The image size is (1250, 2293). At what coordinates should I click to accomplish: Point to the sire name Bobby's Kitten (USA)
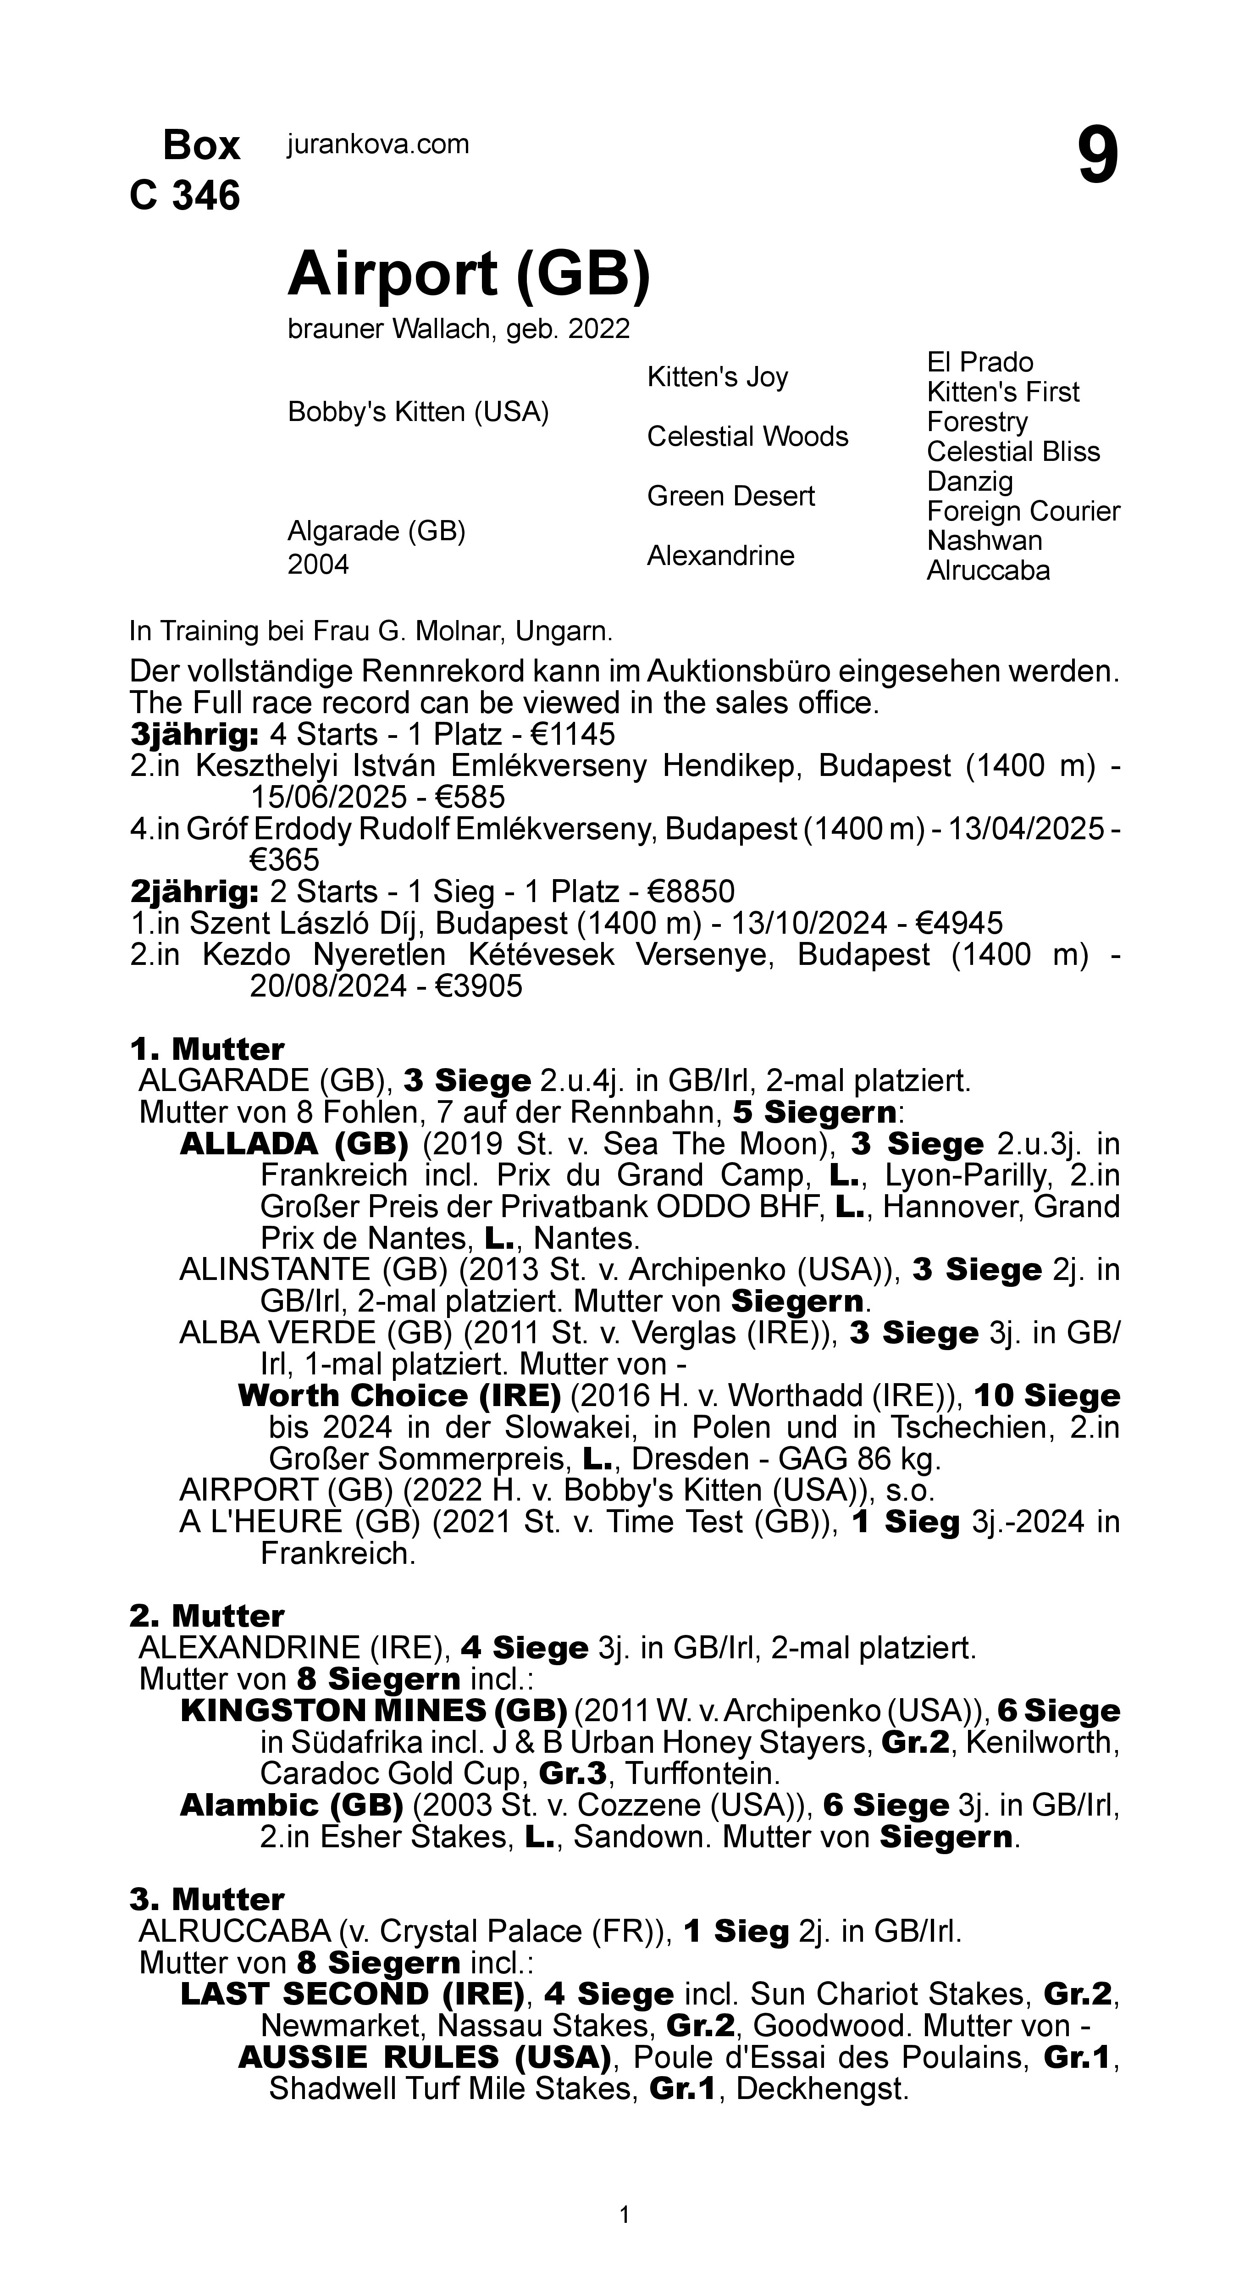pos(418,412)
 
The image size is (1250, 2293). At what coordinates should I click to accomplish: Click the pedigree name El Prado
pos(979,362)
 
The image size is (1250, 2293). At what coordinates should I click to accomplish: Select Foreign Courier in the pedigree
pos(1023,511)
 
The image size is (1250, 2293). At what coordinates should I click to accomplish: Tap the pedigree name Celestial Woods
pos(747,437)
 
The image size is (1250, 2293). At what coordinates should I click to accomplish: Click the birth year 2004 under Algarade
pos(318,565)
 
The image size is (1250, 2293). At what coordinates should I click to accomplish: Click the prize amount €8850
pos(690,891)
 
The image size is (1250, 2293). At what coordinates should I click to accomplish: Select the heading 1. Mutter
pos(207,1048)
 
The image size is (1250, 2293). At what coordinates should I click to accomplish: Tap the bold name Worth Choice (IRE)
pos(399,1395)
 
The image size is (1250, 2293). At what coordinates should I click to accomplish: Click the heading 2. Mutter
pos(207,1616)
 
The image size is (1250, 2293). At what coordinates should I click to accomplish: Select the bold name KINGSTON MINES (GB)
pos(373,1710)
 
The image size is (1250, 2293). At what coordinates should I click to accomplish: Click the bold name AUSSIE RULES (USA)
pos(424,2057)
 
